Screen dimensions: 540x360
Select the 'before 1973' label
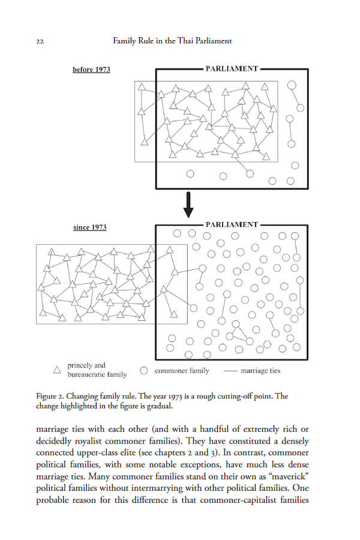[91, 70]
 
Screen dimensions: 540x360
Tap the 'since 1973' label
[90, 228]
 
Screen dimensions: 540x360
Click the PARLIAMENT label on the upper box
[232, 69]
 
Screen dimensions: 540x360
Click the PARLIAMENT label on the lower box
[232, 224]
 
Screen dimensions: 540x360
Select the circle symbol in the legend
[144, 371]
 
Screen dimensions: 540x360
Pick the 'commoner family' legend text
[182, 371]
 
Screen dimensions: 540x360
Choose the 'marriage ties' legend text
[260, 371]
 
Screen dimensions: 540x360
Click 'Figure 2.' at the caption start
[50, 397]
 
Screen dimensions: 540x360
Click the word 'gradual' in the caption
[158, 406]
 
